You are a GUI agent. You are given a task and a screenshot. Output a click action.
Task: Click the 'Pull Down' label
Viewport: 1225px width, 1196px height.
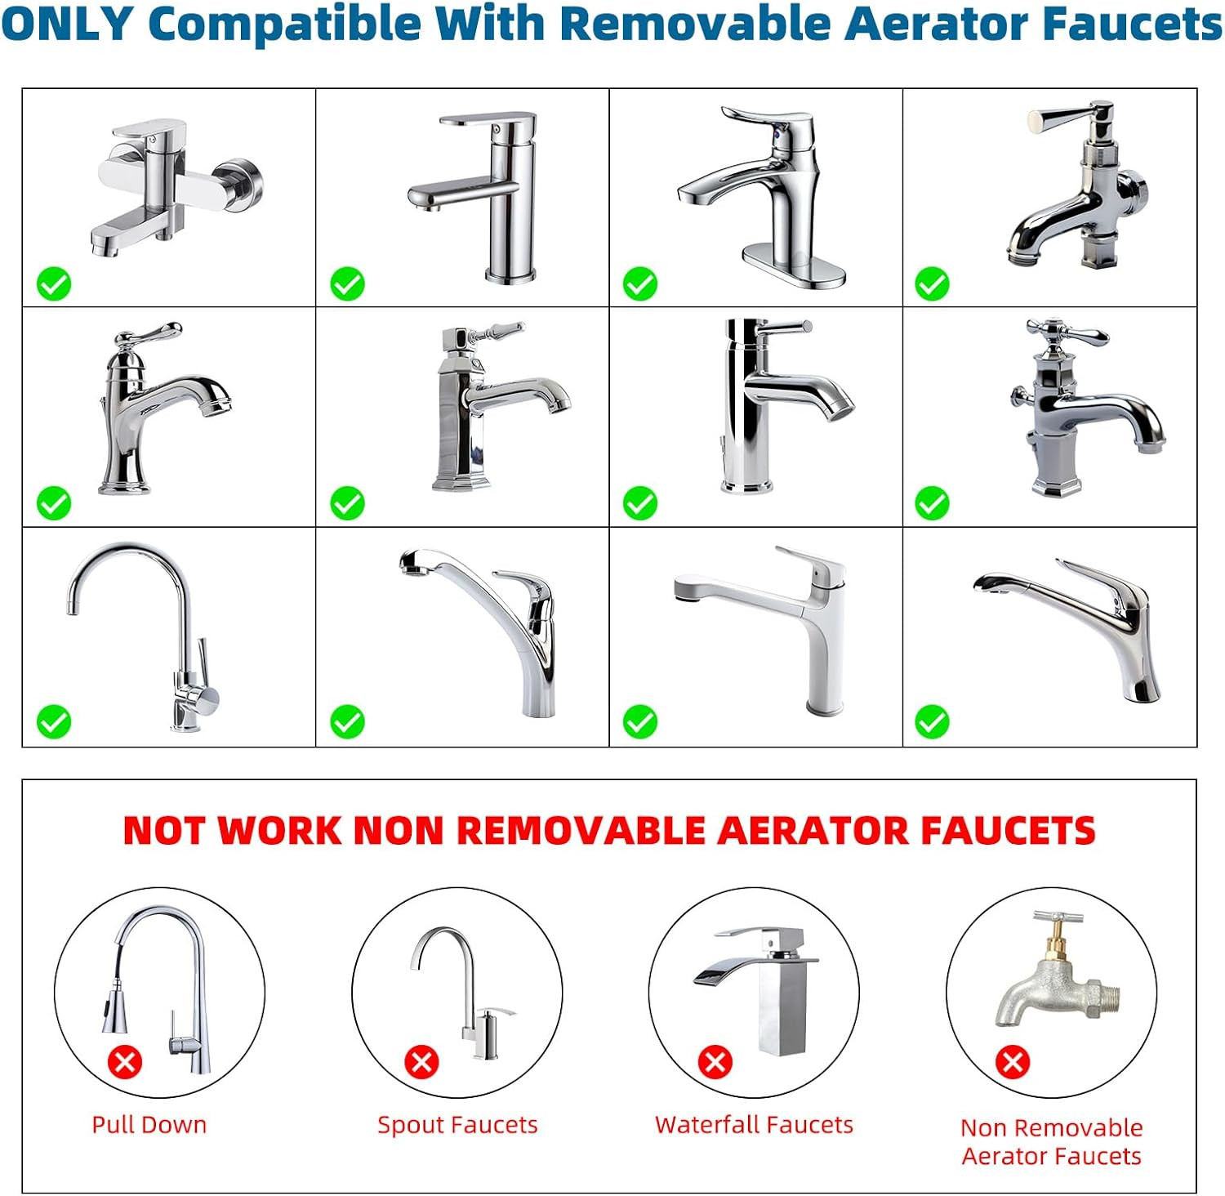(x=149, y=1125)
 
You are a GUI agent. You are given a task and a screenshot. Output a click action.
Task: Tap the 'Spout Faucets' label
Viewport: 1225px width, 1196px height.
(x=457, y=1125)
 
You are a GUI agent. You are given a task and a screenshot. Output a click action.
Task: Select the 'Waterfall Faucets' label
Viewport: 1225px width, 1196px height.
(x=754, y=1125)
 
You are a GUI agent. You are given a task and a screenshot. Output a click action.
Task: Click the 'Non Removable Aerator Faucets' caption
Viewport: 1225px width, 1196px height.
(x=1051, y=1141)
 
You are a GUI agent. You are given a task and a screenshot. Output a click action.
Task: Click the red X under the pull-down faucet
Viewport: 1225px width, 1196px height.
(x=125, y=1062)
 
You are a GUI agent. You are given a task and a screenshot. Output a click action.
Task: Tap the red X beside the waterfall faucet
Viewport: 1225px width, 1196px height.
(x=715, y=1062)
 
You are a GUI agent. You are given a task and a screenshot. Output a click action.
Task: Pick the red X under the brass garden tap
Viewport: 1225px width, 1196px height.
(x=1013, y=1062)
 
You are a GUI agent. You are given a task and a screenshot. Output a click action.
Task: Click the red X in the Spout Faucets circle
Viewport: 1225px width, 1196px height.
(x=422, y=1062)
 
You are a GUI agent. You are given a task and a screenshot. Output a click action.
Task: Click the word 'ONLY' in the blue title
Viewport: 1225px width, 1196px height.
(x=67, y=24)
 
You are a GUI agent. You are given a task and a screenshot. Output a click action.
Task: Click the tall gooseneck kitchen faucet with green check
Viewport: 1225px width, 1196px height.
(x=184, y=621)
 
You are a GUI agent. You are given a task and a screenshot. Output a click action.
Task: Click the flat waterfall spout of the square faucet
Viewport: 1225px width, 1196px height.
(x=729, y=972)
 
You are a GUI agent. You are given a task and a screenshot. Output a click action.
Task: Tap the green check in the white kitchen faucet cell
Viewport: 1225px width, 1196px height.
(x=640, y=722)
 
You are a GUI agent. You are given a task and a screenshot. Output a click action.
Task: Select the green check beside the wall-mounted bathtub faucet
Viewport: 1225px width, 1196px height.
(x=54, y=284)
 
